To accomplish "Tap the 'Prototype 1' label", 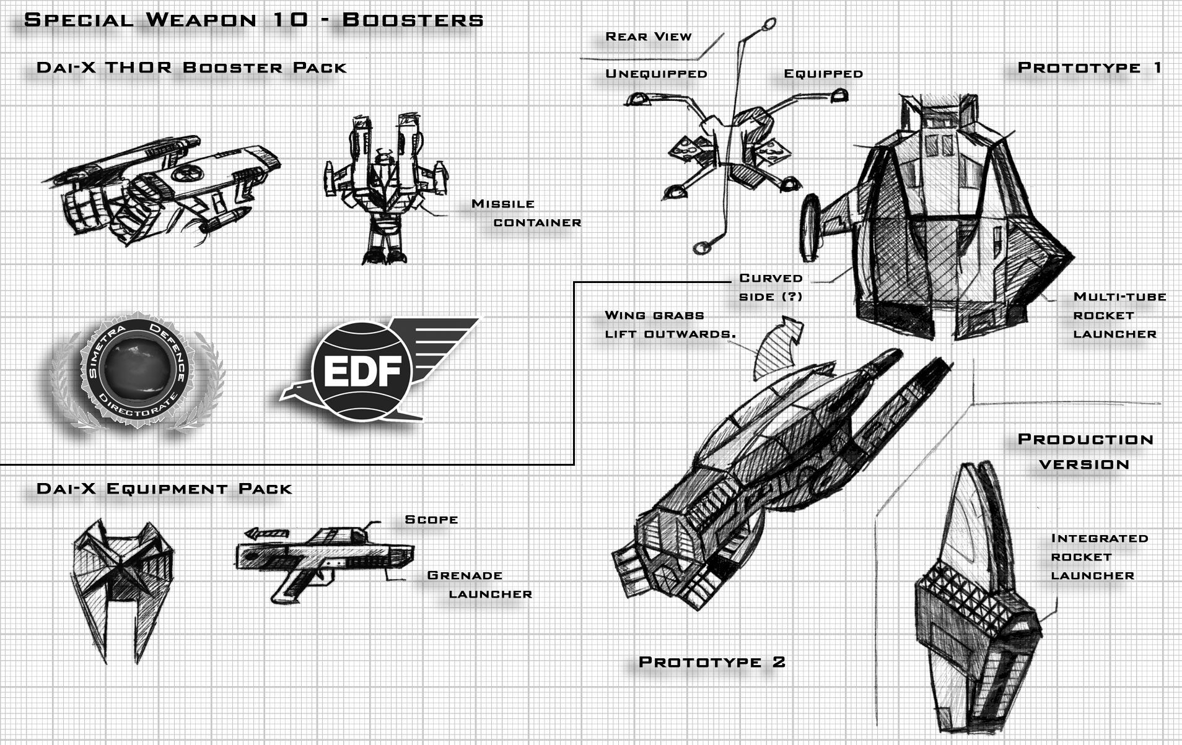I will coord(1089,68).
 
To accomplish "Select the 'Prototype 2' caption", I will coord(712,662).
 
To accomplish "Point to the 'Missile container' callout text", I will coord(526,213).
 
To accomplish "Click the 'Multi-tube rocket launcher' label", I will coord(1119,315).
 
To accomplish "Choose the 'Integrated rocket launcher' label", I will coord(1098,557).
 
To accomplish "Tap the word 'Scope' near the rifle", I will coord(431,520).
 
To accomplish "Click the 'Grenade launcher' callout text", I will coord(479,585).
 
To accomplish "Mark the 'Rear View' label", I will coord(648,37).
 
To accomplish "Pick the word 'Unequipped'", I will coord(656,74).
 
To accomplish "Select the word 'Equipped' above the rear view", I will coord(823,74).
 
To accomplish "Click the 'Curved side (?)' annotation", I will coord(771,287).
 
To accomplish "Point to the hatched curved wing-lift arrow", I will coord(777,350).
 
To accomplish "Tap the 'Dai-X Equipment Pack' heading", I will coord(164,489).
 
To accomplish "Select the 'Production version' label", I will coord(1085,451).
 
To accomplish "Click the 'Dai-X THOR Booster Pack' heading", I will coord(191,68).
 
